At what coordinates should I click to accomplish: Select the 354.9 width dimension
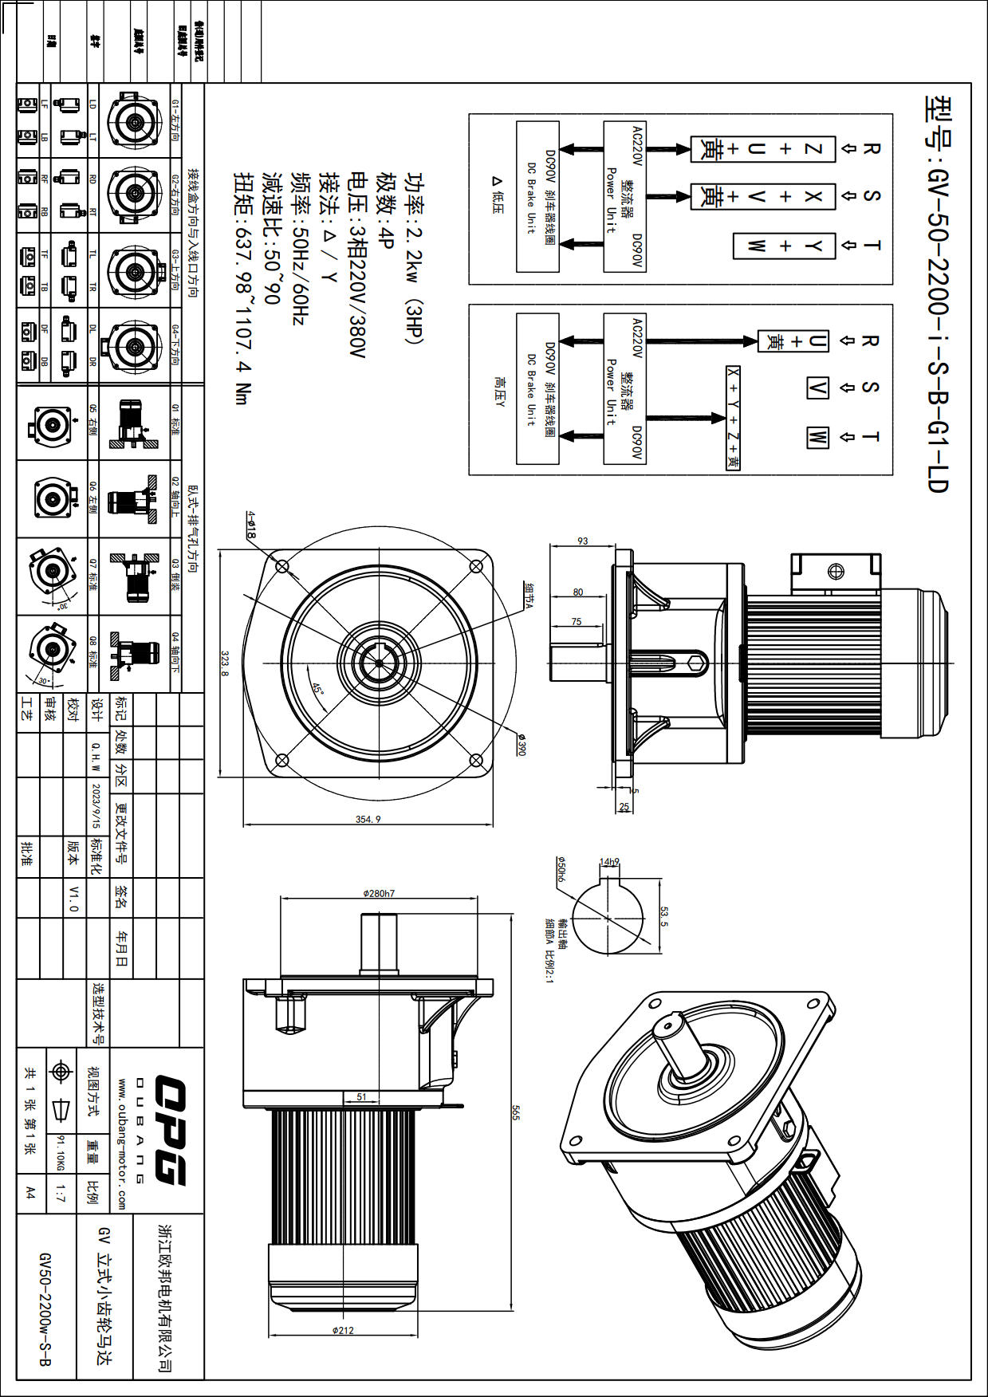368,819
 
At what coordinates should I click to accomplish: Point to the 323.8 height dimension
225,663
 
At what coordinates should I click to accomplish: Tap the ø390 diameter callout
521,745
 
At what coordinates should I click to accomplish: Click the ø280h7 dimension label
379,893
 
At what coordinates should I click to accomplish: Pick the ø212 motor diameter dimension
343,1330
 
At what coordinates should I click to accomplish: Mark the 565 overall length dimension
515,1112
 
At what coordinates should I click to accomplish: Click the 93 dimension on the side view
583,541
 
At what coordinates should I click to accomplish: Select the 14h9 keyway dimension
609,862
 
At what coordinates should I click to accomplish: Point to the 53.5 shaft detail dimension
664,916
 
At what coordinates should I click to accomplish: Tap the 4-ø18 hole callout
250,525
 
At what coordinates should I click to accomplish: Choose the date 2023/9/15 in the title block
96,805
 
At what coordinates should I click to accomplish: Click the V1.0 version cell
74,898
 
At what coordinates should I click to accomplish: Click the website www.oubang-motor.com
122,1144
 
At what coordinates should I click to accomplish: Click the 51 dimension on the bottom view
361,1096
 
